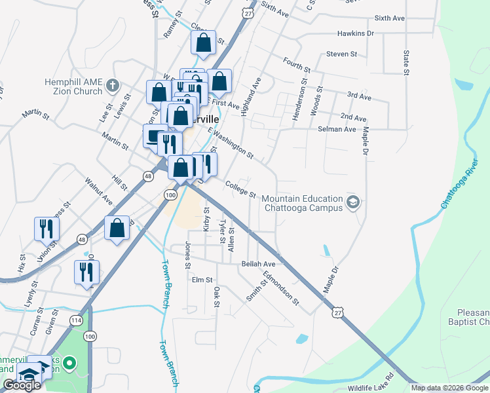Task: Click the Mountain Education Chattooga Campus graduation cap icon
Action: tap(354, 201)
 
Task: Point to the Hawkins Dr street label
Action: tap(356, 33)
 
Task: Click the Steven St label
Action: tap(341, 54)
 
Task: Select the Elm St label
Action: tap(202, 280)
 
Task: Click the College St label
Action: tap(240, 189)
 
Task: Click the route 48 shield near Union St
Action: tap(81, 239)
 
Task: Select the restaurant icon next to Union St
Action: tap(47, 228)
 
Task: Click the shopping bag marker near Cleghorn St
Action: tap(204, 43)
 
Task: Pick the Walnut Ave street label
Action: tap(99, 189)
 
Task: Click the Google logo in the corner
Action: tap(22, 385)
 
